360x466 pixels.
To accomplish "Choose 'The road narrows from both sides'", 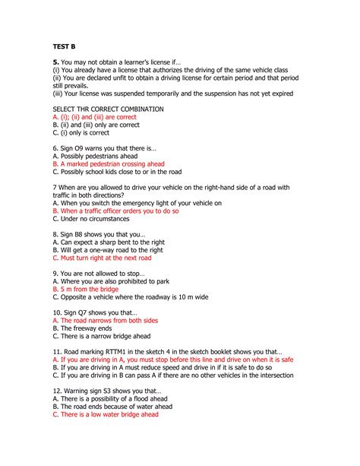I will [x=103, y=321].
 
